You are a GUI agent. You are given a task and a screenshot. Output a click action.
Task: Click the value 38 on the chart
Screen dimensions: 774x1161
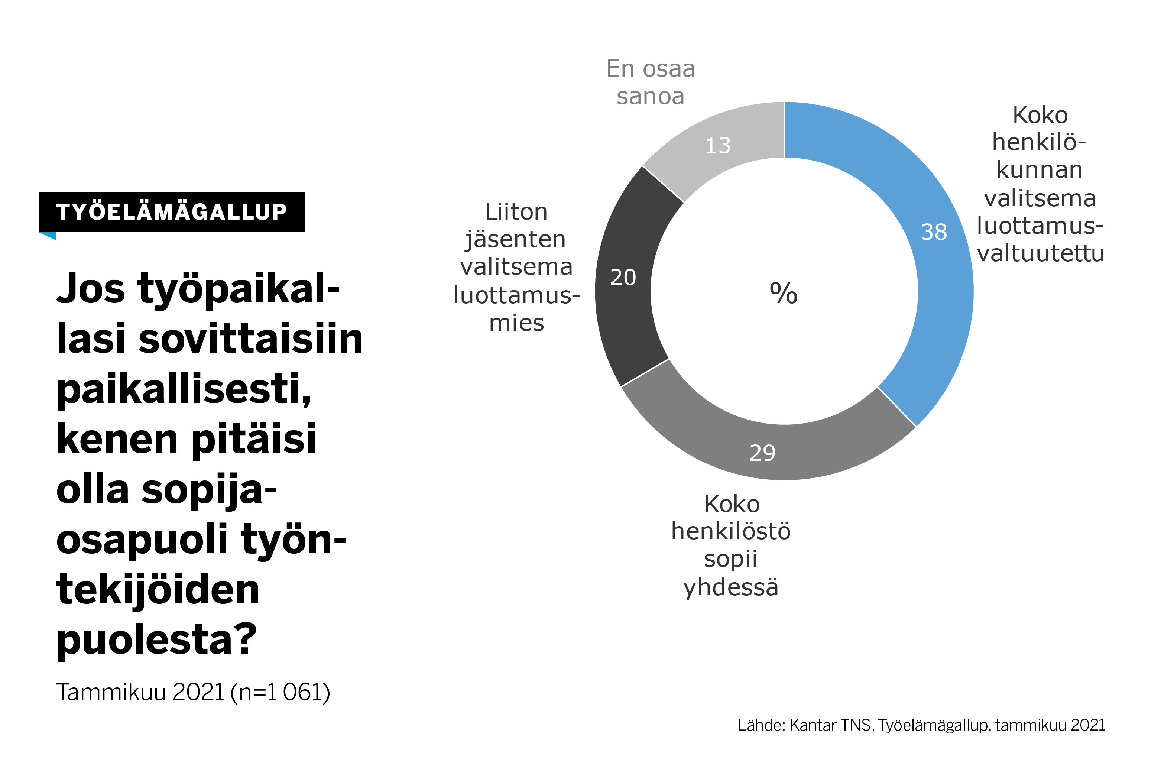934,232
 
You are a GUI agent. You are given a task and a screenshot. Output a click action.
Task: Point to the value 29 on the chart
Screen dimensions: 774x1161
762,453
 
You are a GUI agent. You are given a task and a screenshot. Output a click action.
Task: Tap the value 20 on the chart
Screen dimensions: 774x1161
623,278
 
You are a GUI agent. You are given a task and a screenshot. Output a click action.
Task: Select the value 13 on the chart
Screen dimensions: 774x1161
717,146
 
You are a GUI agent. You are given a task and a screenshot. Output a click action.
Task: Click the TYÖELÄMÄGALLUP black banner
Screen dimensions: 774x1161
171,212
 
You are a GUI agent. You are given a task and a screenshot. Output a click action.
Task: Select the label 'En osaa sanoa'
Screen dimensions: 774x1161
650,82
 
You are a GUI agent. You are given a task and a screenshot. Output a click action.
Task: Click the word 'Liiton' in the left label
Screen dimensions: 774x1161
516,212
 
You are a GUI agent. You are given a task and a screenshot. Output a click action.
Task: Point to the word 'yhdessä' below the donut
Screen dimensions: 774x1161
730,587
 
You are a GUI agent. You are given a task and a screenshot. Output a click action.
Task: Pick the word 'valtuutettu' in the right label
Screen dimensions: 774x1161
1040,253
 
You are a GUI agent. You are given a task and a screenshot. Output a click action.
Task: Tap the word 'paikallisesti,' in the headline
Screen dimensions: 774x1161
184,389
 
